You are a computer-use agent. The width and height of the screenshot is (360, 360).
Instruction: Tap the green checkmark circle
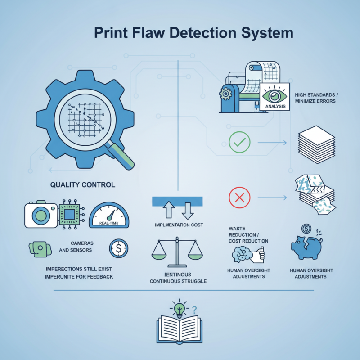coord(239,143)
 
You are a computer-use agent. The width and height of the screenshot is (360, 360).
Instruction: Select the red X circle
coord(239,198)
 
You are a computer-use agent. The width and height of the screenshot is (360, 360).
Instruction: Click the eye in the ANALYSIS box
coord(274,96)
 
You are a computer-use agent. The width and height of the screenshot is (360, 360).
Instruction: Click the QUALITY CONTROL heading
coord(82,184)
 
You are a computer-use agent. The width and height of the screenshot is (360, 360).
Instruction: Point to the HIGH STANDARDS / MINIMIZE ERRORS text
coord(315,98)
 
